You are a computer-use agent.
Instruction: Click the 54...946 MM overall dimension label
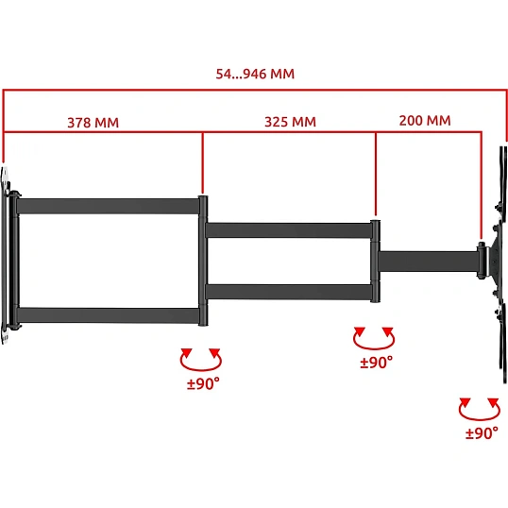click(x=255, y=74)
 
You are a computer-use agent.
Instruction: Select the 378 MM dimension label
click(x=93, y=123)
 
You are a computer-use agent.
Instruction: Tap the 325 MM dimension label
click(x=290, y=122)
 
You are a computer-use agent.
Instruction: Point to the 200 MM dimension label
click(x=425, y=121)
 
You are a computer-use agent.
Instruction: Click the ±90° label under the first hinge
click(x=203, y=383)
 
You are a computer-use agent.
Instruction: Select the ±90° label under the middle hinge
click(x=377, y=363)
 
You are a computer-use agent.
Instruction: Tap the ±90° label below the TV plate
click(x=482, y=432)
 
